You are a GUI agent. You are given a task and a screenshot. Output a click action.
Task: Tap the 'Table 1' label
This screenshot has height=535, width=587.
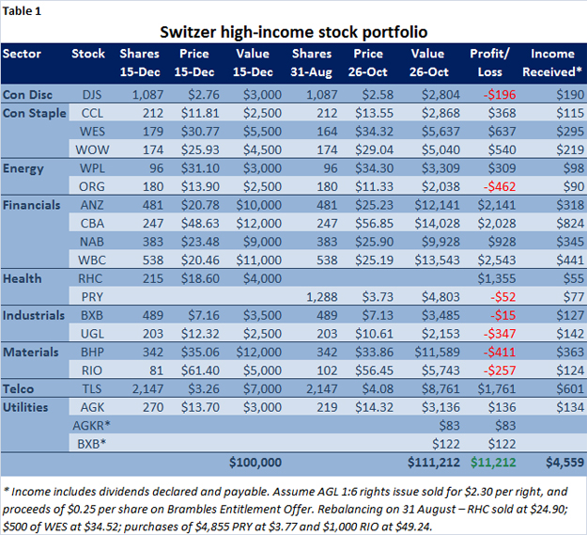[23, 9]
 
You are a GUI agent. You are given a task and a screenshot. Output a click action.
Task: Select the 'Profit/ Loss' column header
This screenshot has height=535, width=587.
[488, 62]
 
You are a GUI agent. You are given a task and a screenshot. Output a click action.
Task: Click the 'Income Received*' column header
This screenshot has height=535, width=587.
[553, 62]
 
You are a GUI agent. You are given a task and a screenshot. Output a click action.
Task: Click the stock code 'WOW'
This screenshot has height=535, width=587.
[89, 149]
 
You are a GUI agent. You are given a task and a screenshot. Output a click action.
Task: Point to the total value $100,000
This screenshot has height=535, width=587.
[255, 463]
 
